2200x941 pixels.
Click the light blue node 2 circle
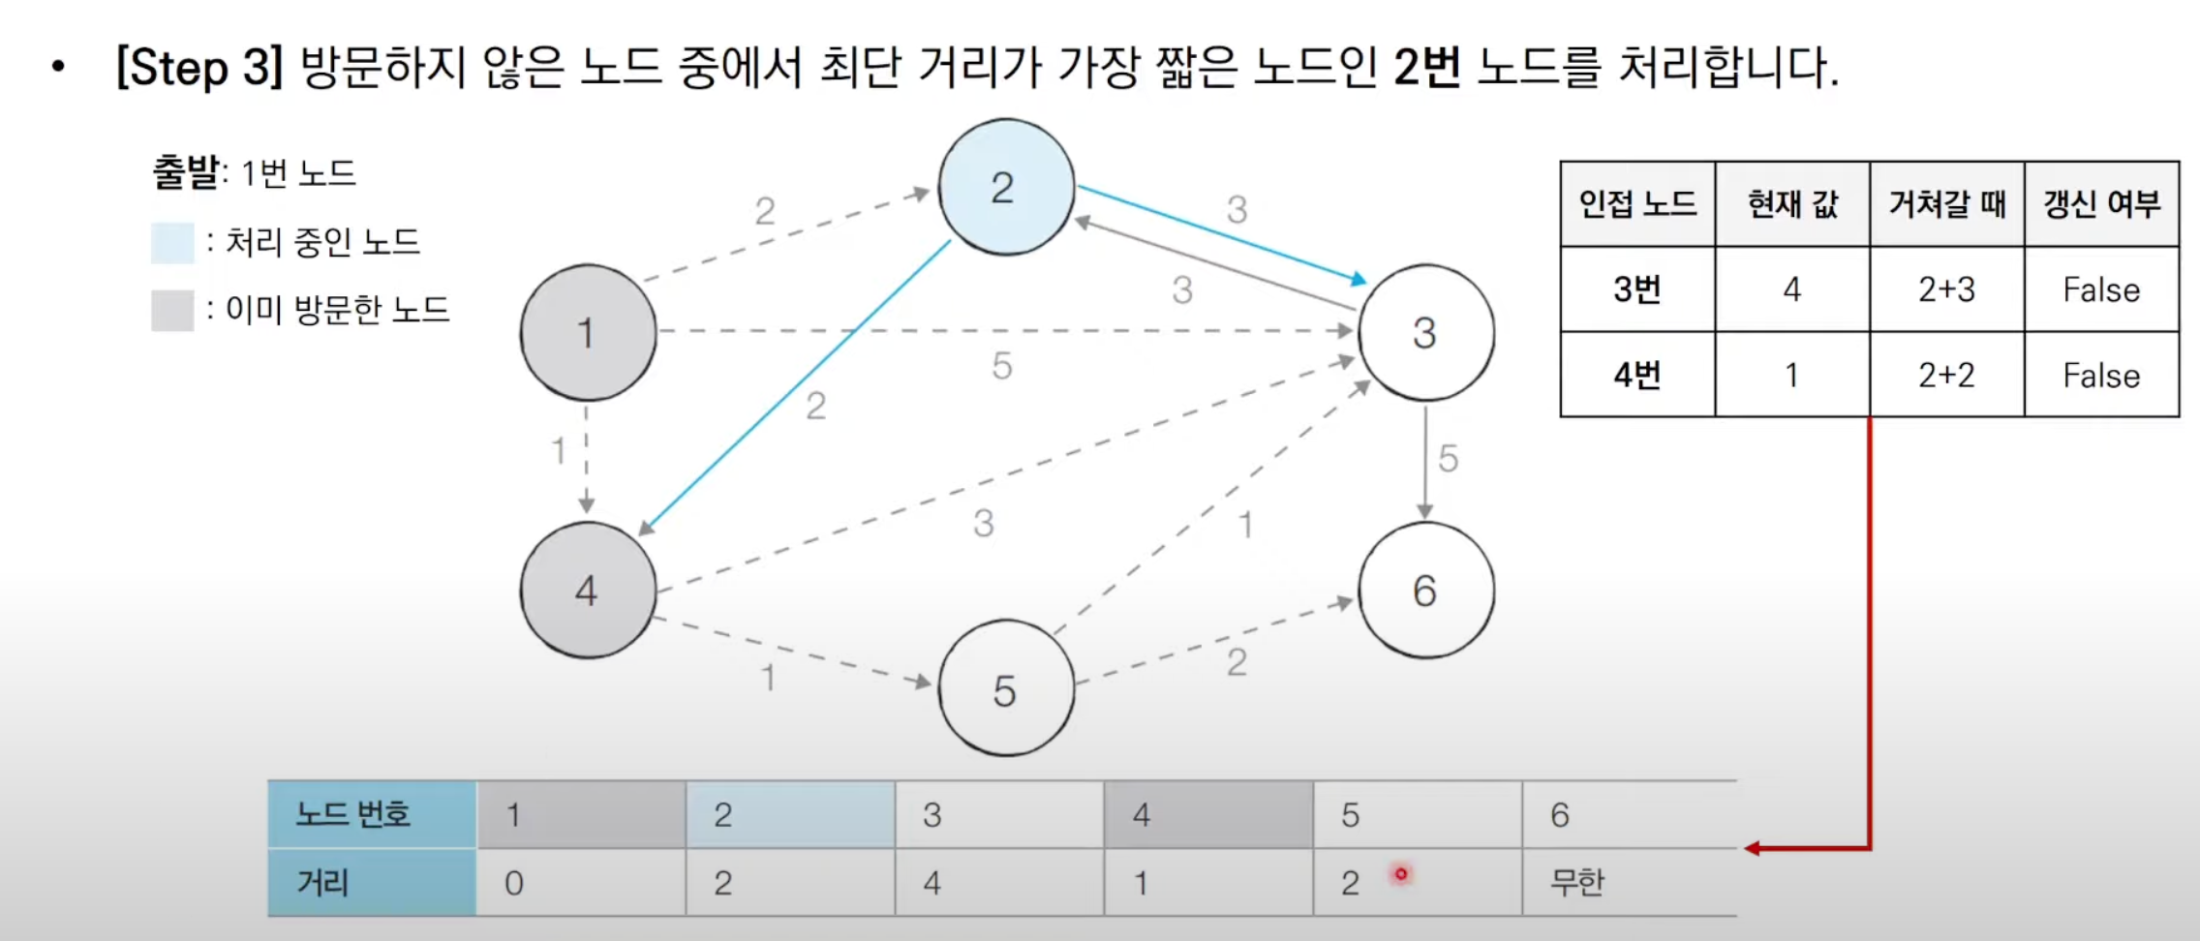[1006, 187]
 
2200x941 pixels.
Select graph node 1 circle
[588, 332]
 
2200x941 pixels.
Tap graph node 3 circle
[1425, 332]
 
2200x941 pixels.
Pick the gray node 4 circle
[588, 590]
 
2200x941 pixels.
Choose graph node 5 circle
[1006, 688]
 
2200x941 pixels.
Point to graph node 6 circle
[1425, 590]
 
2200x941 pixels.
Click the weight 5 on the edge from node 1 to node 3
[1002, 366]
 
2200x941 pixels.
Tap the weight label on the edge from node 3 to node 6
[1448, 458]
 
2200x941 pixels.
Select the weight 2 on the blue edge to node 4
[816, 406]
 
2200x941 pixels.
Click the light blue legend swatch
[172, 242]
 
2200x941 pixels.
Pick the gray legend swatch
[172, 311]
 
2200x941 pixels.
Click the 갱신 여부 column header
[2101, 203]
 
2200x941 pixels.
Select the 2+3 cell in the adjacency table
[1946, 289]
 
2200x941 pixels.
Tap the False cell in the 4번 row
[2101, 376]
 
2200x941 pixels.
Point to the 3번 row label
[1637, 289]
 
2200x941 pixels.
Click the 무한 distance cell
[1577, 882]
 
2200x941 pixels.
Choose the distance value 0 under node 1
[514, 883]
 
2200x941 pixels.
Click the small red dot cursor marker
[1400, 874]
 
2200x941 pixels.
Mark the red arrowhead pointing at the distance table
[1754, 849]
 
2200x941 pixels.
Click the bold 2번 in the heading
[1427, 68]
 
